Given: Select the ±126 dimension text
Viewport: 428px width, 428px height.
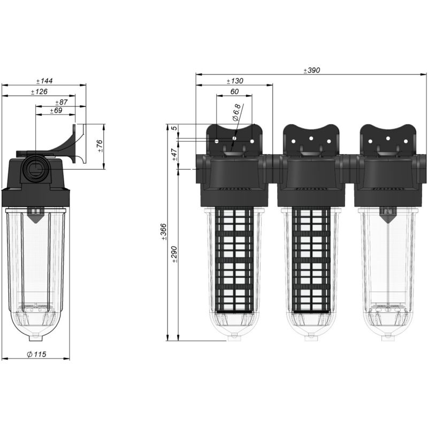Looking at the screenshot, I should coord(39,92).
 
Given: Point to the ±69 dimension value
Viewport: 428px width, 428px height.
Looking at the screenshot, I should coord(56,111).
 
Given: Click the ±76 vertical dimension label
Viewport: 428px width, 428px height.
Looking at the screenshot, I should coord(101,147).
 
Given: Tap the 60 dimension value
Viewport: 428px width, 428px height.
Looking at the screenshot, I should coord(234,91).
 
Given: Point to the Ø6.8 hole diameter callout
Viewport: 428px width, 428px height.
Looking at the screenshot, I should coord(236,113).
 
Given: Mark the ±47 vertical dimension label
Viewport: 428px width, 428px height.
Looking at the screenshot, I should coord(174,155).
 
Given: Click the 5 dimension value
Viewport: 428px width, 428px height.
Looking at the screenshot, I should coord(174,128).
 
